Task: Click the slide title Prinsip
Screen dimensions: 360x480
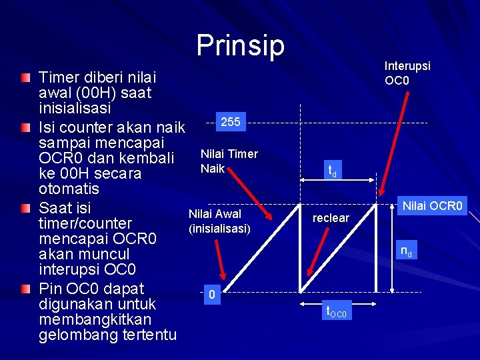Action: click(x=240, y=45)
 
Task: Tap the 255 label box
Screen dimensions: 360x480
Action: click(x=231, y=122)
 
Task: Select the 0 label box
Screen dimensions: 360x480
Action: click(x=211, y=294)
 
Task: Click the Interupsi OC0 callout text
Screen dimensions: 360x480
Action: click(x=407, y=73)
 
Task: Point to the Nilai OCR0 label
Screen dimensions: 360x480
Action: click(x=433, y=206)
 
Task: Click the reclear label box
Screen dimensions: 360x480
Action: click(x=331, y=218)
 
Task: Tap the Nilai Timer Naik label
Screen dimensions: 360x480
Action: click(x=229, y=161)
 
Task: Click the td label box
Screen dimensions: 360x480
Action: click(x=331, y=171)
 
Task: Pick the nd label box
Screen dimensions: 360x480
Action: click(x=405, y=251)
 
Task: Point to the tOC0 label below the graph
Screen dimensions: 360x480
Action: click(x=336, y=311)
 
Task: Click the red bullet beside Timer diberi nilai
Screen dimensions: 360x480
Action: click(x=25, y=77)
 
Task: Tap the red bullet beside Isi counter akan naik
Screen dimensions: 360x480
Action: click(x=25, y=127)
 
